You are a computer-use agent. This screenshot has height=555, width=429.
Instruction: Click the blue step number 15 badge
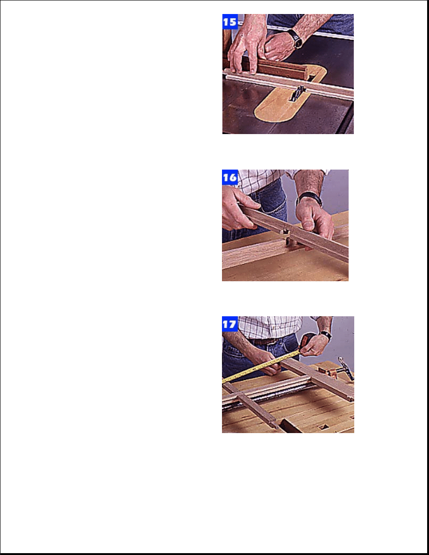(x=230, y=21)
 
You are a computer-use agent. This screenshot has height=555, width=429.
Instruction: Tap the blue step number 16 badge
(x=230, y=177)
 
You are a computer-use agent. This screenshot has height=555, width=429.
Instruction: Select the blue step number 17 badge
(x=230, y=324)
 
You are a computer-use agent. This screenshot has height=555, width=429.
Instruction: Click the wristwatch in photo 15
(x=296, y=39)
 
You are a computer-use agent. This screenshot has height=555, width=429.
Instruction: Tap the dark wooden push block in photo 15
(x=279, y=69)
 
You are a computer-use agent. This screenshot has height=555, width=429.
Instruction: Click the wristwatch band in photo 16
(x=309, y=199)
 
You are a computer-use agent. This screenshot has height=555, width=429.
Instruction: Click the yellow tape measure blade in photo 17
(x=262, y=366)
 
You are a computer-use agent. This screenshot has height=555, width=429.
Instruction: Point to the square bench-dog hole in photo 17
(x=322, y=427)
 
